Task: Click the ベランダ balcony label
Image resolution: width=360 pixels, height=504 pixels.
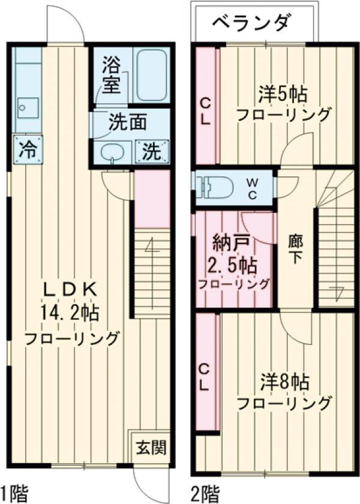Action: click(x=253, y=23)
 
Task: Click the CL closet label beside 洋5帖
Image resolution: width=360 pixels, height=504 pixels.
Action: click(x=205, y=110)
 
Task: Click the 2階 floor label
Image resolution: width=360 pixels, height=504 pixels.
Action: click(x=206, y=493)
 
